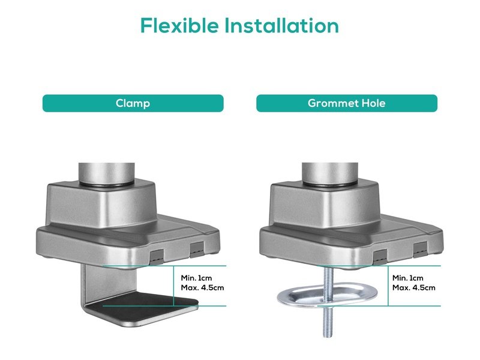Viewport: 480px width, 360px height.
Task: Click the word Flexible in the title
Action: coord(179,25)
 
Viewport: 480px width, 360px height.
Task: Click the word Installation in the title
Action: coord(281,25)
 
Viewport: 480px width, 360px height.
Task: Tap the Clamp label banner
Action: coord(133,103)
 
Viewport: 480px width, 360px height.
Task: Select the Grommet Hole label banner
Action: coord(347,103)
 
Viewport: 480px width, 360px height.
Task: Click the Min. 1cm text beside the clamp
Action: coord(196,278)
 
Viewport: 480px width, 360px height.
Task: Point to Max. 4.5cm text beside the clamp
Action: coord(202,288)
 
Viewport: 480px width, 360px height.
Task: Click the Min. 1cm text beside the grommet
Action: coord(408,278)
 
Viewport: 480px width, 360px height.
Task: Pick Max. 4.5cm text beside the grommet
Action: coord(414,288)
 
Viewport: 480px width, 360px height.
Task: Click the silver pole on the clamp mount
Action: coord(106,173)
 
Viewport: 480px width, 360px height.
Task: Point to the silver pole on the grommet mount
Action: coord(329,173)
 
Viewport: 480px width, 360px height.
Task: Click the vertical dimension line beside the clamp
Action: coord(173,286)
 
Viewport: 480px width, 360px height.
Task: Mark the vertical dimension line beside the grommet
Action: coord(388,286)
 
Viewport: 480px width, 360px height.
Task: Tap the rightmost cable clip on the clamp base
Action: coord(197,249)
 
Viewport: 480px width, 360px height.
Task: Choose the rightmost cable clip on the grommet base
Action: coord(420,249)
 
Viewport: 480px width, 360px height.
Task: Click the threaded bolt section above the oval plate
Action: coord(328,279)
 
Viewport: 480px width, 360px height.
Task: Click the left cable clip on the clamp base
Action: coord(157,256)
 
